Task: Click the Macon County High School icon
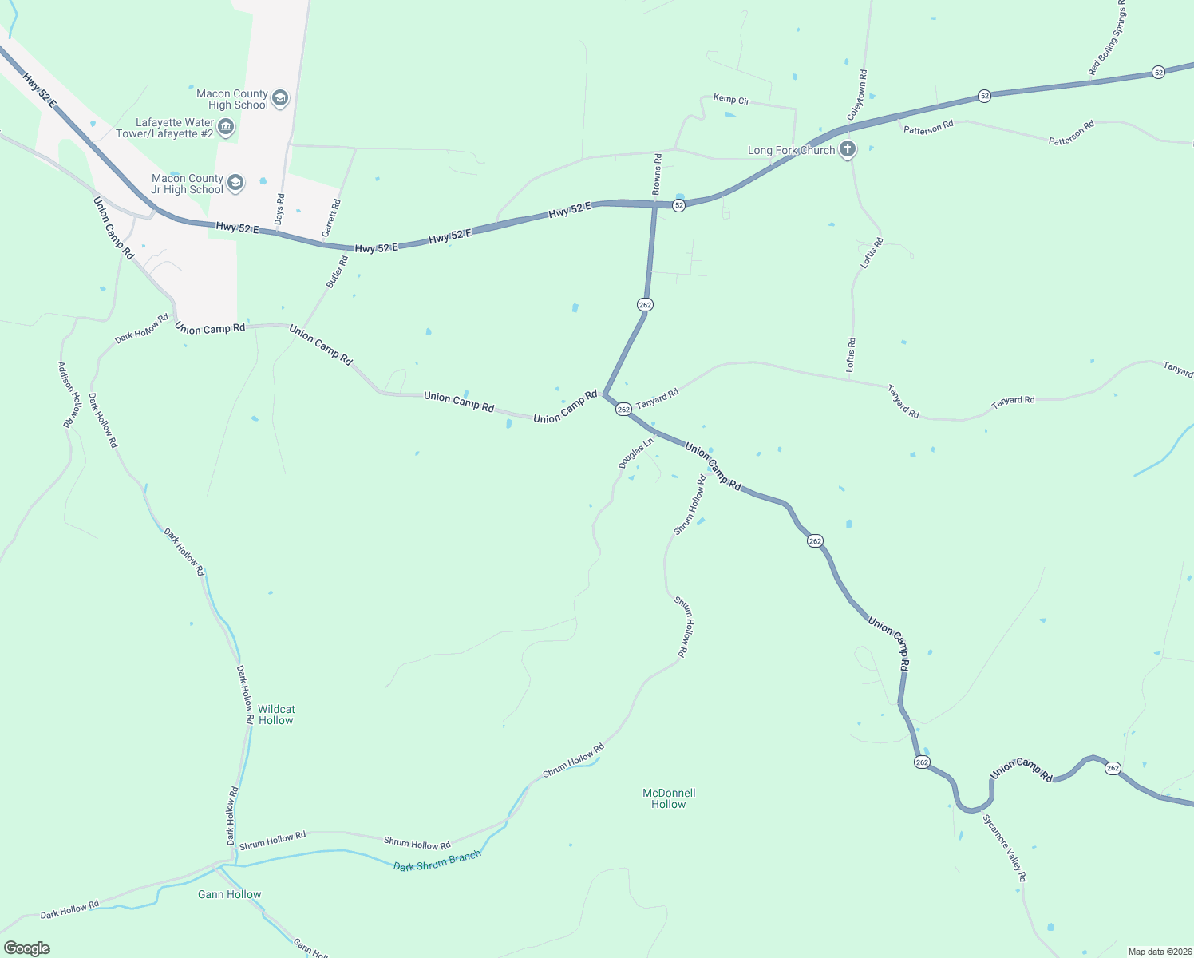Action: (x=279, y=99)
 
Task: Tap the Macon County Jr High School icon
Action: (x=235, y=184)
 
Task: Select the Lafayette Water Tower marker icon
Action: (x=226, y=128)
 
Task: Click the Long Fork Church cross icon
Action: (x=848, y=149)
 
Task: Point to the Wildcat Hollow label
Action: (x=276, y=715)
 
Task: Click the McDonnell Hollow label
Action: (x=669, y=798)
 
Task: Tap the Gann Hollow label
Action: (x=229, y=894)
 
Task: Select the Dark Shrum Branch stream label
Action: (x=437, y=861)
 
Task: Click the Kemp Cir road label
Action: (x=731, y=100)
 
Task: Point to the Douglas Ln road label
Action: (x=636, y=453)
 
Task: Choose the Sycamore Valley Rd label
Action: (x=1004, y=848)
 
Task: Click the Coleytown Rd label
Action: (x=856, y=95)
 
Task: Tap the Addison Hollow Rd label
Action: (x=69, y=394)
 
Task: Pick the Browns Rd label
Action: (x=657, y=174)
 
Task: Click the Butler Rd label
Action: (x=337, y=271)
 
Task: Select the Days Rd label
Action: (x=279, y=208)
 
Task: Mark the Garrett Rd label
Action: (x=331, y=218)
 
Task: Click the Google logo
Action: (x=27, y=948)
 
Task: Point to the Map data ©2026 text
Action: (x=1158, y=952)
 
